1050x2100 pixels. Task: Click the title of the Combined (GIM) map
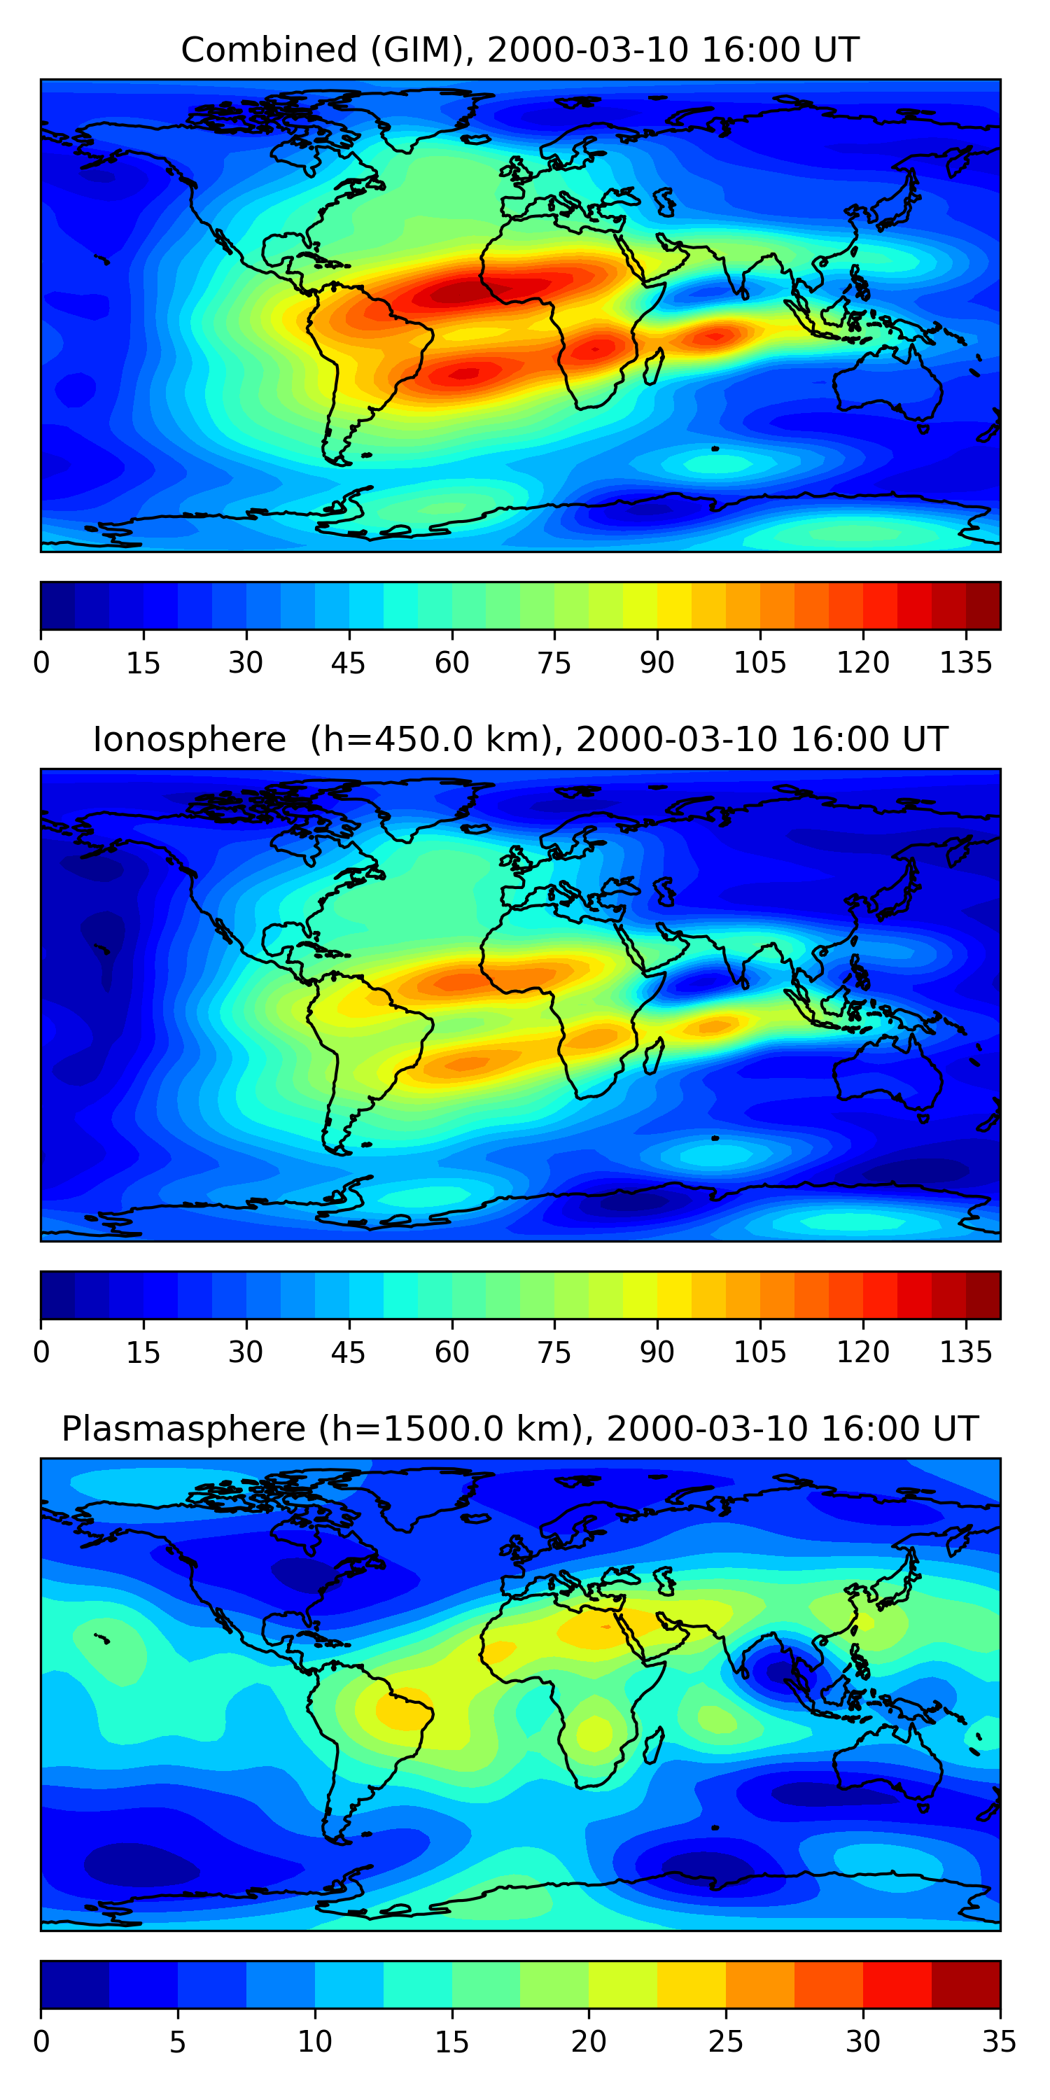tap(519, 50)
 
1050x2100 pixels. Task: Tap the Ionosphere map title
tap(519, 739)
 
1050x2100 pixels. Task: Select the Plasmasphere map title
tap(519, 1429)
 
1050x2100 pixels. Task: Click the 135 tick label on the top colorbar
tap(965, 663)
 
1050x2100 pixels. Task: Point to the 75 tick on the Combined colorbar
tap(554, 663)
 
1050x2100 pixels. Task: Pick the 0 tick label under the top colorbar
tap(41, 663)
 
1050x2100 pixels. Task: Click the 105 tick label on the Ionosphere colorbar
tap(759, 1352)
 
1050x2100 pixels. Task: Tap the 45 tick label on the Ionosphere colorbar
tap(349, 1352)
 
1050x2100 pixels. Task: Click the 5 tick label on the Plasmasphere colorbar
tap(178, 2041)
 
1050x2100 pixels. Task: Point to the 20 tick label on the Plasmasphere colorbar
tap(589, 2041)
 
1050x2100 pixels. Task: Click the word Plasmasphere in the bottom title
tap(183, 1429)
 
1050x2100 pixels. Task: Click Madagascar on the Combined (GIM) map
tap(653, 366)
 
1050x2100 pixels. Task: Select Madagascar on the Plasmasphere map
tap(653, 1744)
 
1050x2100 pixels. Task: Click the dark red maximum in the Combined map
tap(456, 292)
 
